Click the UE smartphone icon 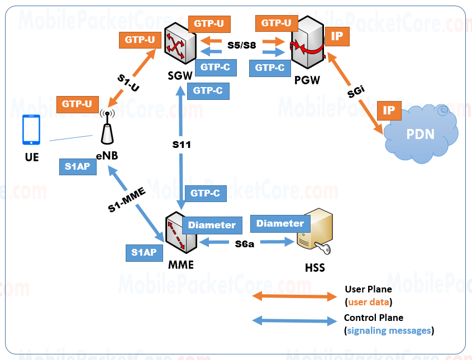31,130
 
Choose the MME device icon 181,236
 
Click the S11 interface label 182,145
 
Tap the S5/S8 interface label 242,45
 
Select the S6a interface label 244,243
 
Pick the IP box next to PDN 389,111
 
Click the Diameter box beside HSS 280,223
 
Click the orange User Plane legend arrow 294,296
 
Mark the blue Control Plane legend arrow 294,321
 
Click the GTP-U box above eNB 78,104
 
